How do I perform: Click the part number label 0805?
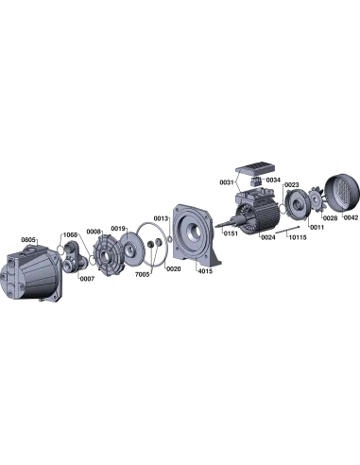pos(28,240)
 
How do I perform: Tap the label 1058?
pos(70,235)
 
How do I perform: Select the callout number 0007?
pos(87,279)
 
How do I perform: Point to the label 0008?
pos(94,232)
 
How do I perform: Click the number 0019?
pos(118,228)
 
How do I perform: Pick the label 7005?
pos(142,274)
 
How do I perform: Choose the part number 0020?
pos(174,268)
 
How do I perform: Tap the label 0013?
pos(161,218)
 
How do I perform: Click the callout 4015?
pos(205,271)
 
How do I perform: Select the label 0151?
pos(231,233)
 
